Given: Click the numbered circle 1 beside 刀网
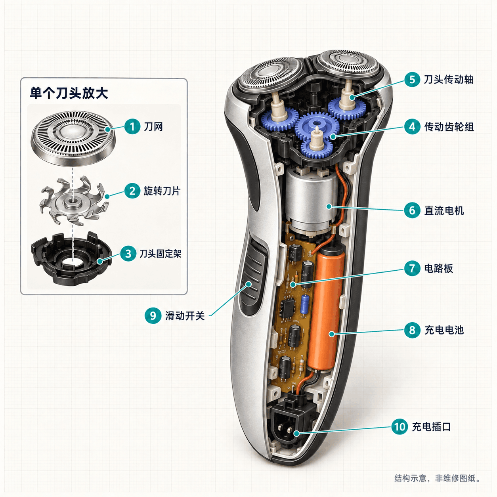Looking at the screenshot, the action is [x=132, y=126].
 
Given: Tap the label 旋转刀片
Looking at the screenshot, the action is [x=162, y=191].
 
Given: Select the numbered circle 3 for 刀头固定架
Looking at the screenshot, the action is [x=128, y=254].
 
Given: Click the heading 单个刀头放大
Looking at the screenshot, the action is [x=69, y=93].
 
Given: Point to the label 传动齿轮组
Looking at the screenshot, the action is [x=449, y=127].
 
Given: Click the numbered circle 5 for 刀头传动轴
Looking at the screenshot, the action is [x=412, y=79].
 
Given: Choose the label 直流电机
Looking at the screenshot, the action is [x=444, y=211].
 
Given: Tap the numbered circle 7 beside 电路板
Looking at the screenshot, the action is [x=412, y=268].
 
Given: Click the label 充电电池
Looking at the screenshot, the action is [x=444, y=330].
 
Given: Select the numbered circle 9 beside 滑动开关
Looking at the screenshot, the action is [x=153, y=315].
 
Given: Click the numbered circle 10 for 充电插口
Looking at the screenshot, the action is [x=400, y=426].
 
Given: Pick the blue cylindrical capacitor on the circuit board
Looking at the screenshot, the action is [x=305, y=304].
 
